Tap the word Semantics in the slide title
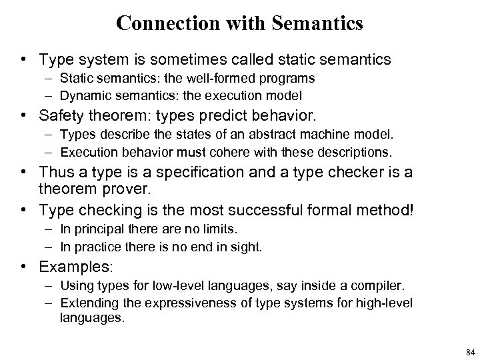[x=319, y=24]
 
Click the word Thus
[x=55, y=173]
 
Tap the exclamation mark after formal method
[x=413, y=210]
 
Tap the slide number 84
[x=471, y=351]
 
